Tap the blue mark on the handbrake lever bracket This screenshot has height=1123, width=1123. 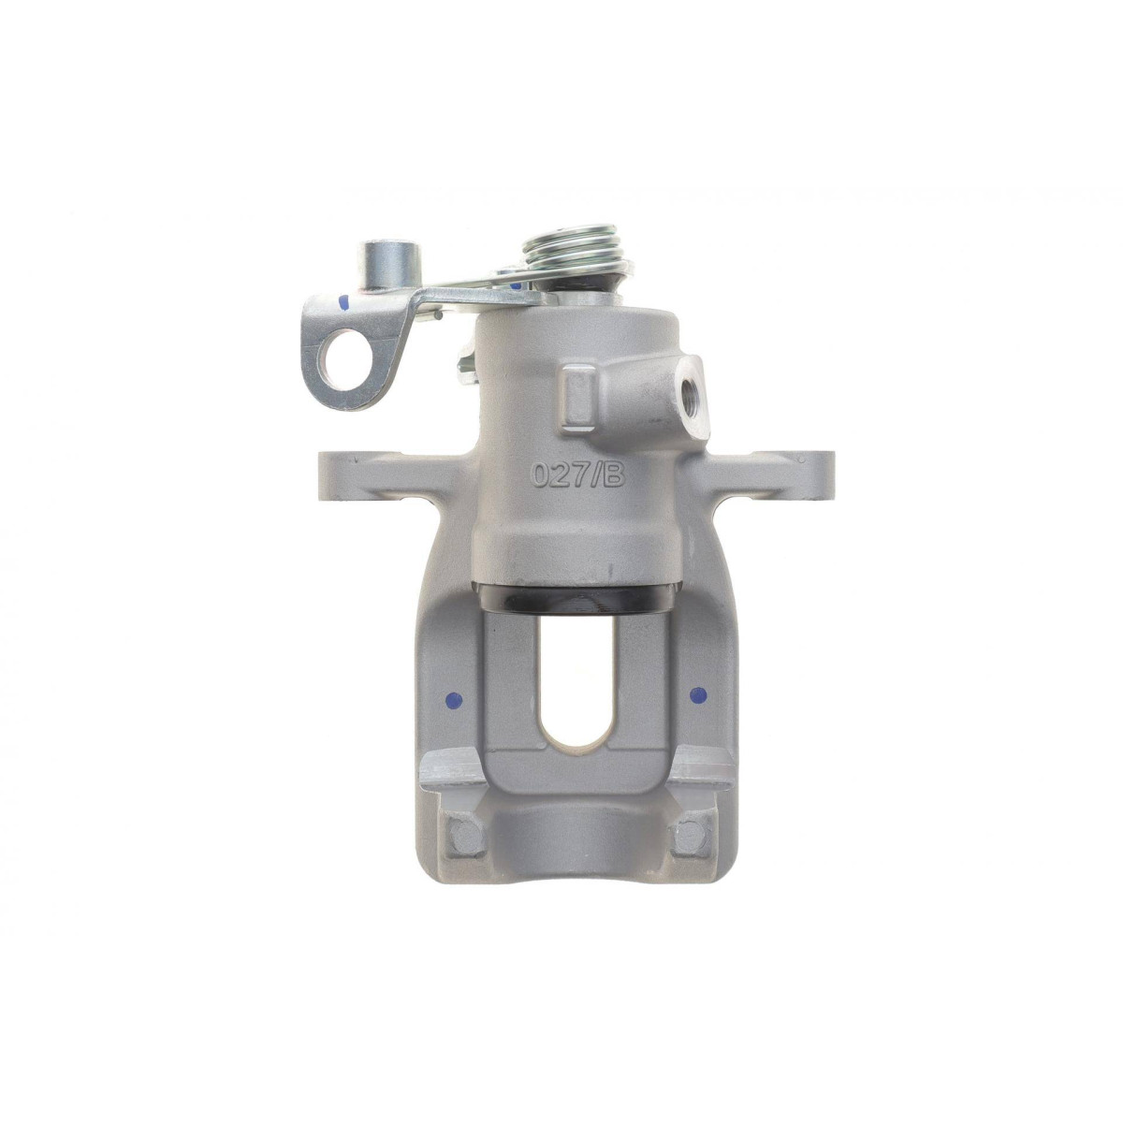pyautogui.click(x=343, y=303)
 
